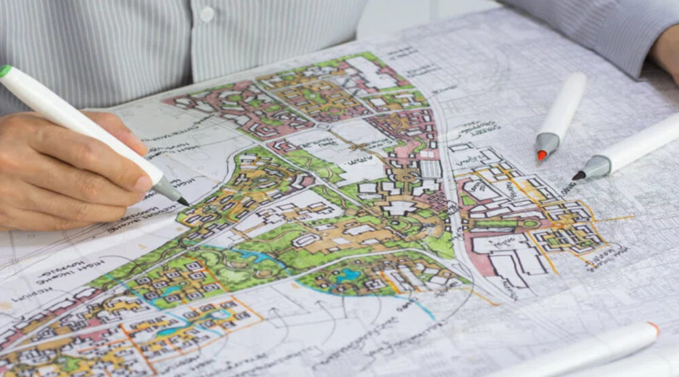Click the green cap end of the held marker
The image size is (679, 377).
tap(5, 71)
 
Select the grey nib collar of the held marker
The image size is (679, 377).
tap(166, 189)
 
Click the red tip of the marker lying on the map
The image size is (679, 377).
tap(541, 155)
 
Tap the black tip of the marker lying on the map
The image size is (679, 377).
tap(578, 176)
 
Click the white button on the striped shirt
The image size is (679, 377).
tap(207, 14)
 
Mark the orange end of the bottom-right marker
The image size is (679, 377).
tap(653, 329)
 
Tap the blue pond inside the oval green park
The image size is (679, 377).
tap(349, 274)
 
